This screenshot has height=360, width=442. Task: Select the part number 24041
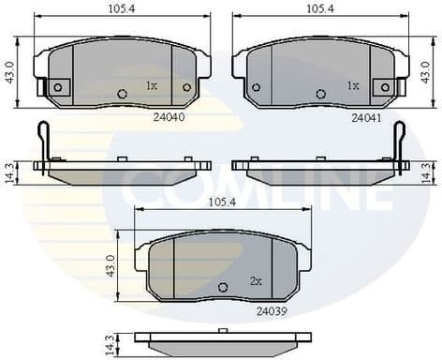click(366, 118)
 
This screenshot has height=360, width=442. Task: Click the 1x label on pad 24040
click(152, 85)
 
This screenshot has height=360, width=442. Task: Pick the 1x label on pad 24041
click(353, 85)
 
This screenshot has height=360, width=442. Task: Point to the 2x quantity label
click(256, 279)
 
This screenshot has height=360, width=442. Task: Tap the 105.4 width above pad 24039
click(223, 202)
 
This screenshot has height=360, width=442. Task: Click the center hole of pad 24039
click(223, 287)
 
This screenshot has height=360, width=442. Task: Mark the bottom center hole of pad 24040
click(123, 93)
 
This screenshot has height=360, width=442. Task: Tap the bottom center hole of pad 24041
click(321, 93)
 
